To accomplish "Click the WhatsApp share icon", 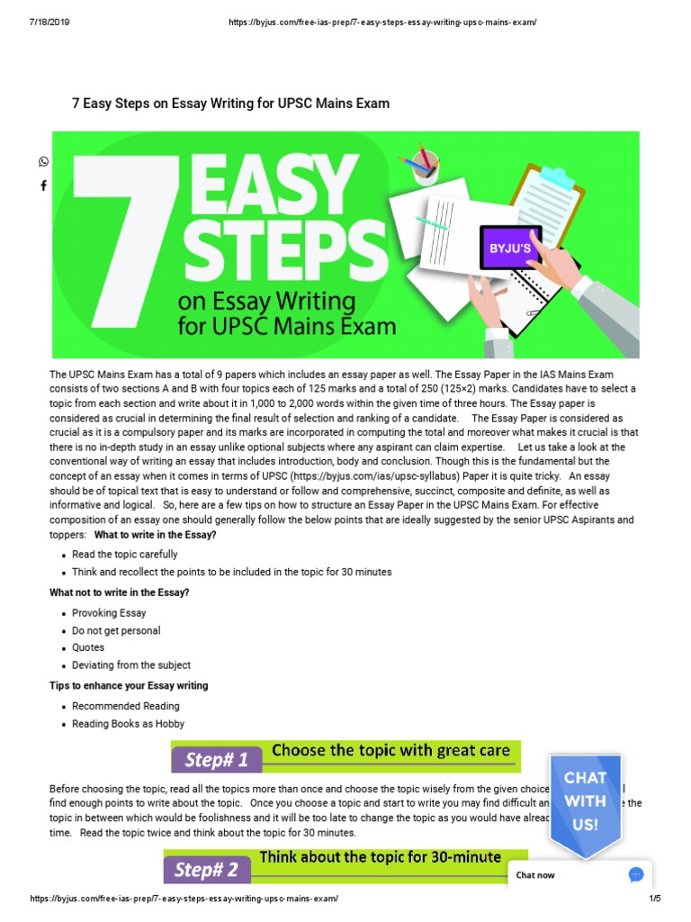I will [43, 162].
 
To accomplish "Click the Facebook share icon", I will [43, 185].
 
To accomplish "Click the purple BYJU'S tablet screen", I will [510, 247].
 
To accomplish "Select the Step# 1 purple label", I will [217, 759].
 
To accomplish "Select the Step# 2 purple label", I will [208, 870].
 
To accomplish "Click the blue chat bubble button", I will [636, 874].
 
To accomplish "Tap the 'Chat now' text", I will [535, 875].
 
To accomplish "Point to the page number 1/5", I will [654, 899].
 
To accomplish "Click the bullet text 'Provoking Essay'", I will [109, 613].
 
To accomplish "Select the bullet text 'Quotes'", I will [88, 647].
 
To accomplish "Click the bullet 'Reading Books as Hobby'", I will [129, 724].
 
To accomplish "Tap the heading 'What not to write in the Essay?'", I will [120, 592].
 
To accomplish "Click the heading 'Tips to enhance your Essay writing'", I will [129, 686].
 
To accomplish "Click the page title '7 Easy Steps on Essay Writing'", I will [230, 104].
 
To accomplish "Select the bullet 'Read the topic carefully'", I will [125, 555].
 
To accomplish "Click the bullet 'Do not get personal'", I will [116, 630].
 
